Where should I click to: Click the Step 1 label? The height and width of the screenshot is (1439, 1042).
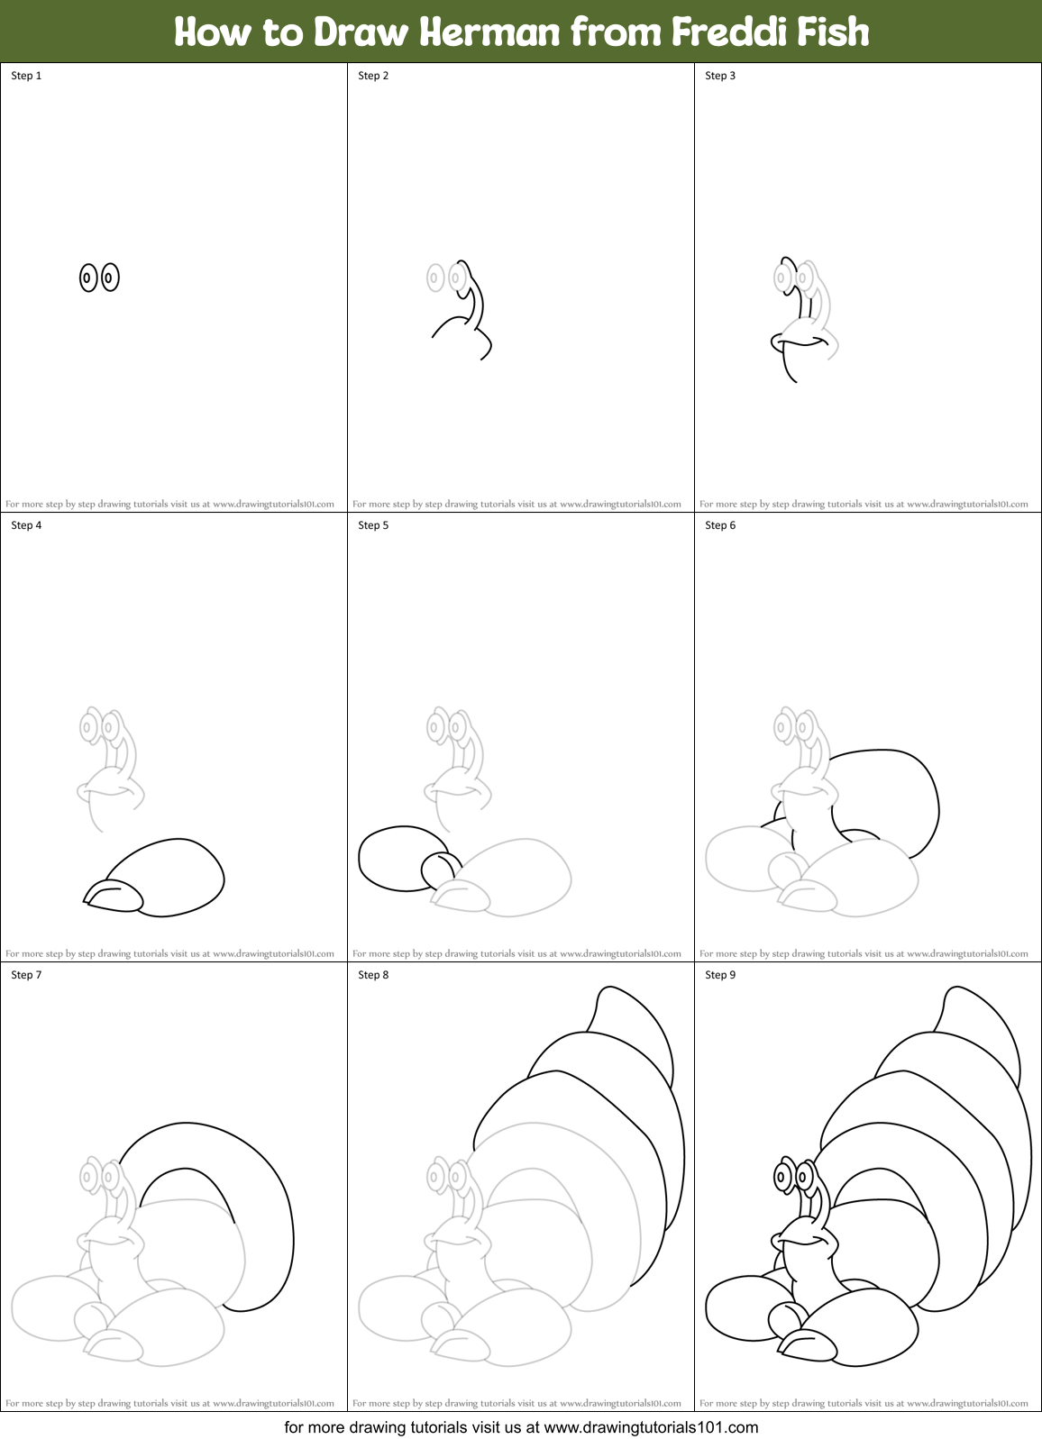click(26, 76)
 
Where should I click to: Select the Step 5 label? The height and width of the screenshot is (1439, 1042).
click(373, 525)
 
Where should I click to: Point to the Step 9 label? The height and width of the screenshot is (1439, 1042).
click(720, 975)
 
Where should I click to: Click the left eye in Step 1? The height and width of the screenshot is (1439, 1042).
click(87, 278)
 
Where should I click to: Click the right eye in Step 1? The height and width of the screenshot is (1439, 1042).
click(109, 278)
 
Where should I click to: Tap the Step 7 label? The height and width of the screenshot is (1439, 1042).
click(26, 975)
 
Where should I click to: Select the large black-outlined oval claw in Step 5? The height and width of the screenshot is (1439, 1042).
click(394, 859)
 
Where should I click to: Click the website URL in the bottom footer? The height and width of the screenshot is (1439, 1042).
click(651, 1427)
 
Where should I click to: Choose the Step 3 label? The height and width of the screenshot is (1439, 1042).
click(720, 76)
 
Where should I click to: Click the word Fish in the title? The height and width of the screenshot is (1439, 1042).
click(833, 32)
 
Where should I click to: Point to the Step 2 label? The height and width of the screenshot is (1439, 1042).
click(373, 76)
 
